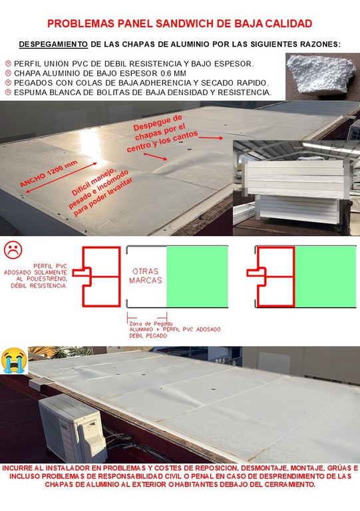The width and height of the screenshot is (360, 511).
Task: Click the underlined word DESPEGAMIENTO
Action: [x=53, y=45]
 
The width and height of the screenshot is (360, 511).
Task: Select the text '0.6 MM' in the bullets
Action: [x=173, y=73]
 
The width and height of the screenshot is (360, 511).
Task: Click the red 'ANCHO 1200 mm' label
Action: [x=49, y=174]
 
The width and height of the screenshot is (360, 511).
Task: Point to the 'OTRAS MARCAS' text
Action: [x=146, y=275]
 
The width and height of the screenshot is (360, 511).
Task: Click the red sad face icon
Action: [x=13, y=250]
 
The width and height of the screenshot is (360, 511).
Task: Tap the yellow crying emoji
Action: [x=14, y=360]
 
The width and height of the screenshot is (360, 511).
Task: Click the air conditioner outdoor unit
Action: [x=73, y=428]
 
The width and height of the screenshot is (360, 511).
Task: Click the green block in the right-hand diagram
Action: [x=325, y=277]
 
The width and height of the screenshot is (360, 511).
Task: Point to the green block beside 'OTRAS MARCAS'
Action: [x=197, y=277]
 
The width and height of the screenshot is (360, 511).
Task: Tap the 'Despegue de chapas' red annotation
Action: [x=162, y=133]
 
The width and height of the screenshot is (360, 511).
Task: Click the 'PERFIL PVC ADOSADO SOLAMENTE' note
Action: [x=35, y=275]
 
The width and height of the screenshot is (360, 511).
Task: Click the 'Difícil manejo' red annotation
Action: [x=100, y=192]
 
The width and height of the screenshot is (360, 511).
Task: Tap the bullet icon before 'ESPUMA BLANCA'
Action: [x=8, y=92]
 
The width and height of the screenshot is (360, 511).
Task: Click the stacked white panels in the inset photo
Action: [x=295, y=192]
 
